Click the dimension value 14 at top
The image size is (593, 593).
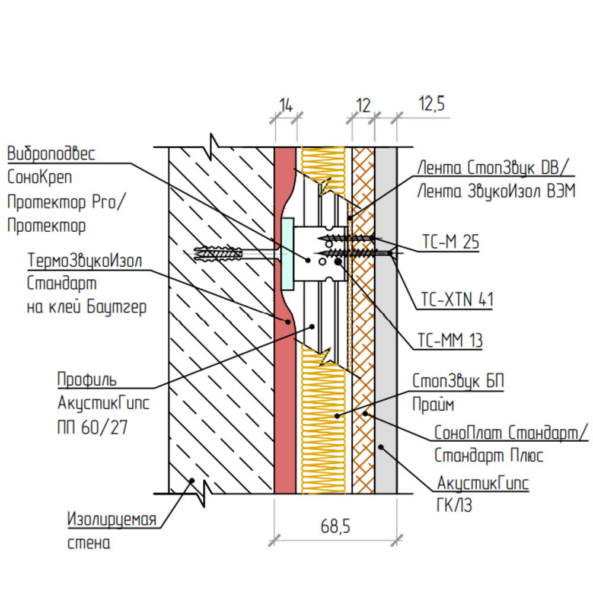tap(286, 106)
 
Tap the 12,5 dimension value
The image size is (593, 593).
tap(432, 104)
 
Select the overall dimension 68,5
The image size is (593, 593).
tap(336, 526)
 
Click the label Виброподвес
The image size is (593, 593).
tap(51, 154)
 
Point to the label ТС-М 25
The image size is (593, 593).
tap(451, 242)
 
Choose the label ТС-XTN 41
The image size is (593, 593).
tap(457, 299)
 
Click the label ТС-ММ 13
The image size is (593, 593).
tap(450, 340)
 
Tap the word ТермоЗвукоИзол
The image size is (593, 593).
tap(85, 260)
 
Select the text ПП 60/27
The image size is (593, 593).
tap(93, 428)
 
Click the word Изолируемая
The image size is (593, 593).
tap(111, 519)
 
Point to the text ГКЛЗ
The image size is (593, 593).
tap(455, 506)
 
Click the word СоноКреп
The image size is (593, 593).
tap(40, 177)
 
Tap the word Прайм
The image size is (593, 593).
tap(433, 404)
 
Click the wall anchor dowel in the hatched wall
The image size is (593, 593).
tap(218, 254)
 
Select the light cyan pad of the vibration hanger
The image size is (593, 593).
tap(288, 254)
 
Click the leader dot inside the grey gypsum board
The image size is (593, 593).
tap(381, 447)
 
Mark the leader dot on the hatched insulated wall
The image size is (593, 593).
tap(192, 481)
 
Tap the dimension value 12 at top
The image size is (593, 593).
tap(363, 106)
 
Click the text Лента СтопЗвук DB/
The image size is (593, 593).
tap(493, 168)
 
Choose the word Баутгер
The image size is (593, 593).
tap(116, 307)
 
